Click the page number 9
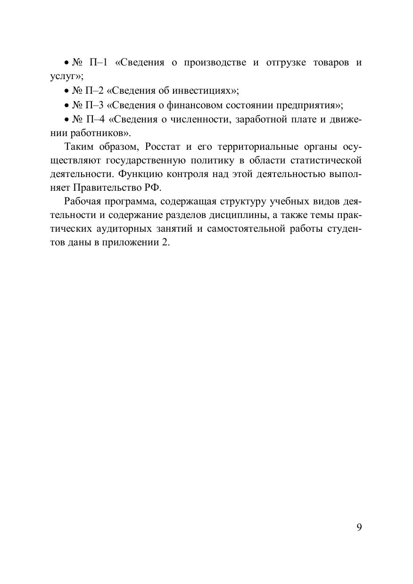point(359,527)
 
